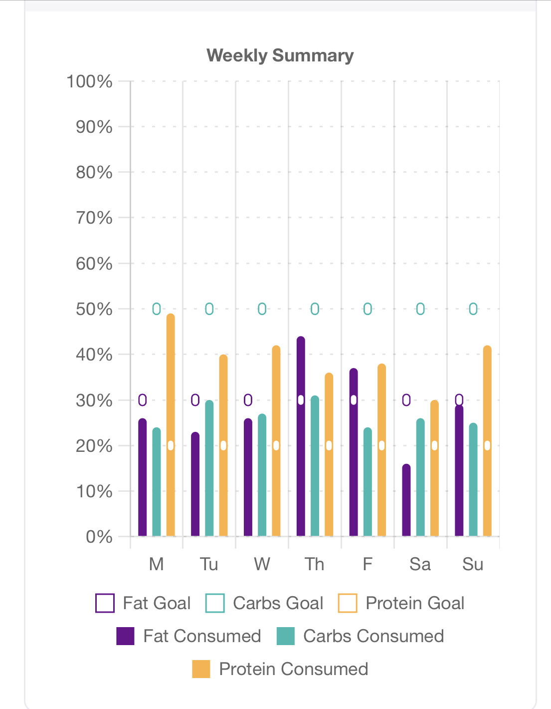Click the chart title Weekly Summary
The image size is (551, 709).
click(x=280, y=55)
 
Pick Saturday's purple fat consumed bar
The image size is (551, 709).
click(x=406, y=501)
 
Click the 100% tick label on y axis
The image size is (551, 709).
click(x=90, y=81)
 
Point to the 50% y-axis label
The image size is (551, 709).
click(x=94, y=310)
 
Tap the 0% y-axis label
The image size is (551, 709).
click(x=99, y=537)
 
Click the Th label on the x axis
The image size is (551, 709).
click(x=315, y=564)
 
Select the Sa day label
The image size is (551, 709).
click(x=420, y=564)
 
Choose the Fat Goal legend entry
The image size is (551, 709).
click(x=144, y=603)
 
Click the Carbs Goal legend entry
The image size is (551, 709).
click(x=265, y=603)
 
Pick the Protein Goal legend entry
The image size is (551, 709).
click(x=401, y=603)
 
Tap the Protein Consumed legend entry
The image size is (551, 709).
click(x=280, y=669)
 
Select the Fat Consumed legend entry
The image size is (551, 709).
click(x=189, y=636)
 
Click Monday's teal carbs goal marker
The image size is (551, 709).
click(x=157, y=309)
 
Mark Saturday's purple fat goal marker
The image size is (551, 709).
click(x=406, y=400)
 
